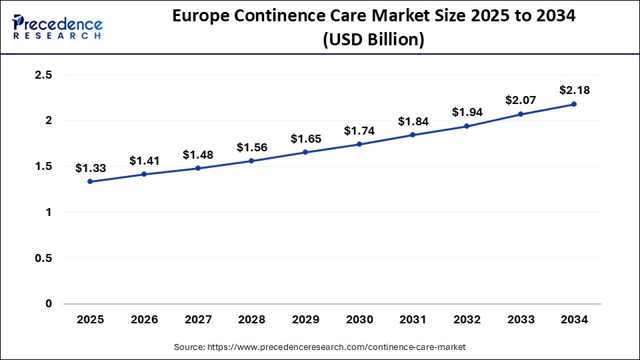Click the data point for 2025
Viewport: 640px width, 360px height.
[x=90, y=181]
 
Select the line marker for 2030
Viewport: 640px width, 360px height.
[x=359, y=144]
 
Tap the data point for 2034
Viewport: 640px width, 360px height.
[x=574, y=104]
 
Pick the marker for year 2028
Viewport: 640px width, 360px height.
[x=251, y=161]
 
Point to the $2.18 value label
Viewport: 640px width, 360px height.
[x=574, y=90]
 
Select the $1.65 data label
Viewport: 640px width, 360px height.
[x=305, y=139]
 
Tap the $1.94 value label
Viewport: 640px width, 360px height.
[x=466, y=111]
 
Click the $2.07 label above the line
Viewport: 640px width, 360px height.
[x=520, y=100]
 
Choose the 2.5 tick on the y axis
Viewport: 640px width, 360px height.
[x=43, y=75]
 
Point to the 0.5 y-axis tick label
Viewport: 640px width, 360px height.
[x=43, y=258]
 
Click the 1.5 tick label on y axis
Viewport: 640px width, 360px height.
[x=43, y=167]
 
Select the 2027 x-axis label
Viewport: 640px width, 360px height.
[x=197, y=320]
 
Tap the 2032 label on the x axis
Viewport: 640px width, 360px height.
[x=466, y=320]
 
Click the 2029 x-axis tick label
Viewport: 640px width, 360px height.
[x=305, y=320]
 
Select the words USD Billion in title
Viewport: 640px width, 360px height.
[x=373, y=40]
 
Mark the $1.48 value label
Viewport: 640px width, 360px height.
[x=197, y=155]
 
